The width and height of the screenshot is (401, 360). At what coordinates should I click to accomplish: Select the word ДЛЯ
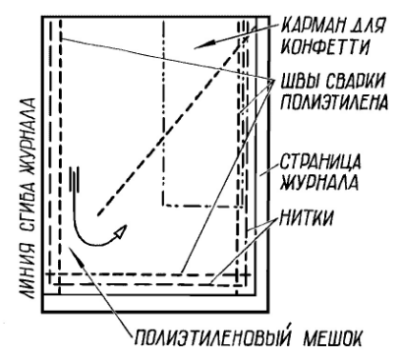(366, 22)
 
